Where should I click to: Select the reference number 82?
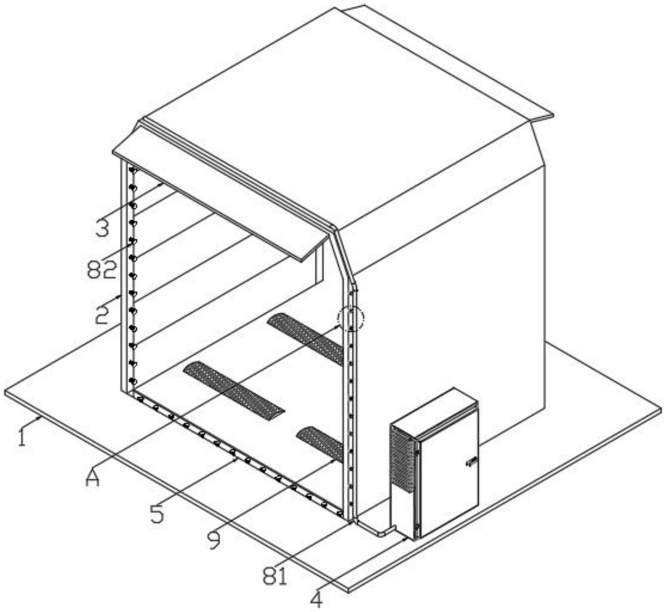click(x=101, y=270)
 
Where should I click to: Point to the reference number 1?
click(x=22, y=437)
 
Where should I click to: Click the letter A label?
click(x=92, y=478)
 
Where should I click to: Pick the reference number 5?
click(x=157, y=513)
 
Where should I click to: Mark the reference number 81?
click(x=275, y=576)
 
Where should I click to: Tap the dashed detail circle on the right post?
click(x=351, y=318)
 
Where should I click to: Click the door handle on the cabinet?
click(x=472, y=462)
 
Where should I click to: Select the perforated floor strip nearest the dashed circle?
click(x=306, y=337)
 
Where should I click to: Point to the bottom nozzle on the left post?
click(x=133, y=381)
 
